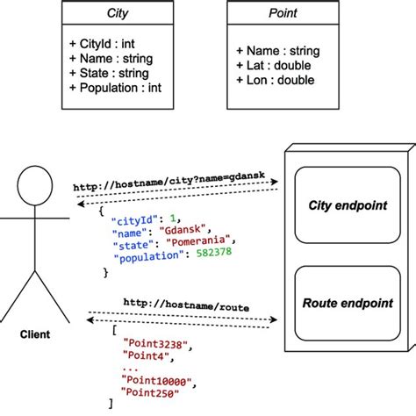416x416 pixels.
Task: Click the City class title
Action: coord(117,14)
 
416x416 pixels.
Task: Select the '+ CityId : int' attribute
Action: coord(102,43)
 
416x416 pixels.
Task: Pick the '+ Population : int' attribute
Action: coord(114,88)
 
